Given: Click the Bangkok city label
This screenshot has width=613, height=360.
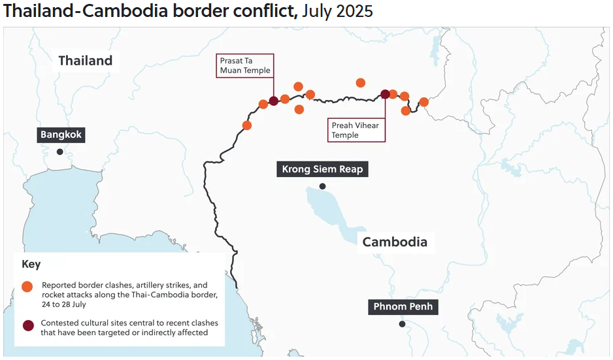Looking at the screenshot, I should pos(61,135).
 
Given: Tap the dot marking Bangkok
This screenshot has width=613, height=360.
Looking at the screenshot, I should pos(60,152).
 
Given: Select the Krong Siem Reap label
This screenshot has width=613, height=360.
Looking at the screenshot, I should pos(322,169).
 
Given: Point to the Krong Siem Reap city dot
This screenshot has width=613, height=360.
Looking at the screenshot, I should pos(322,186).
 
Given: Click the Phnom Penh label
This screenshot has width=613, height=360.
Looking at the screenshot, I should pos(403,306).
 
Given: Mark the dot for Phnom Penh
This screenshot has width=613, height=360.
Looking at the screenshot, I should pos(402,323).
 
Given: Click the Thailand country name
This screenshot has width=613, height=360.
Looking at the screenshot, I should pos(86,61).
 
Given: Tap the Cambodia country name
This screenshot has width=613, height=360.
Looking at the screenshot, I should pos(395,242).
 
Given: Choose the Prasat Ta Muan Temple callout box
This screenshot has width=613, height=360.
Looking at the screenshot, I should pos(244,66).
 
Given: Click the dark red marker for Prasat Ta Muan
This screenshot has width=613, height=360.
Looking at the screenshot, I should pos(274,101).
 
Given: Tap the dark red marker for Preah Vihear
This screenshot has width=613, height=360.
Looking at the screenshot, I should pos(385,94).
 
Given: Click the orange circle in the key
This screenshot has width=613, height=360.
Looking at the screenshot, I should pos(27,287).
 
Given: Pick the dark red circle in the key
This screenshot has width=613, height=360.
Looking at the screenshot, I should pos(27,325).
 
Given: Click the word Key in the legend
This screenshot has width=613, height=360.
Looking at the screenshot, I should pos(31,265).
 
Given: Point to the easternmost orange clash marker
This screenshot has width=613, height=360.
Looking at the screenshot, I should pos(423,102).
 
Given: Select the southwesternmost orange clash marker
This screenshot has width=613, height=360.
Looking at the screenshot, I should pos(247,125).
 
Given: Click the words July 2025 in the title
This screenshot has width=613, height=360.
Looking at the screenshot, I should pos(338,11).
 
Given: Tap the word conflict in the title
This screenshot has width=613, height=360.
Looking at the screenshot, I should pos(261,11).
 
